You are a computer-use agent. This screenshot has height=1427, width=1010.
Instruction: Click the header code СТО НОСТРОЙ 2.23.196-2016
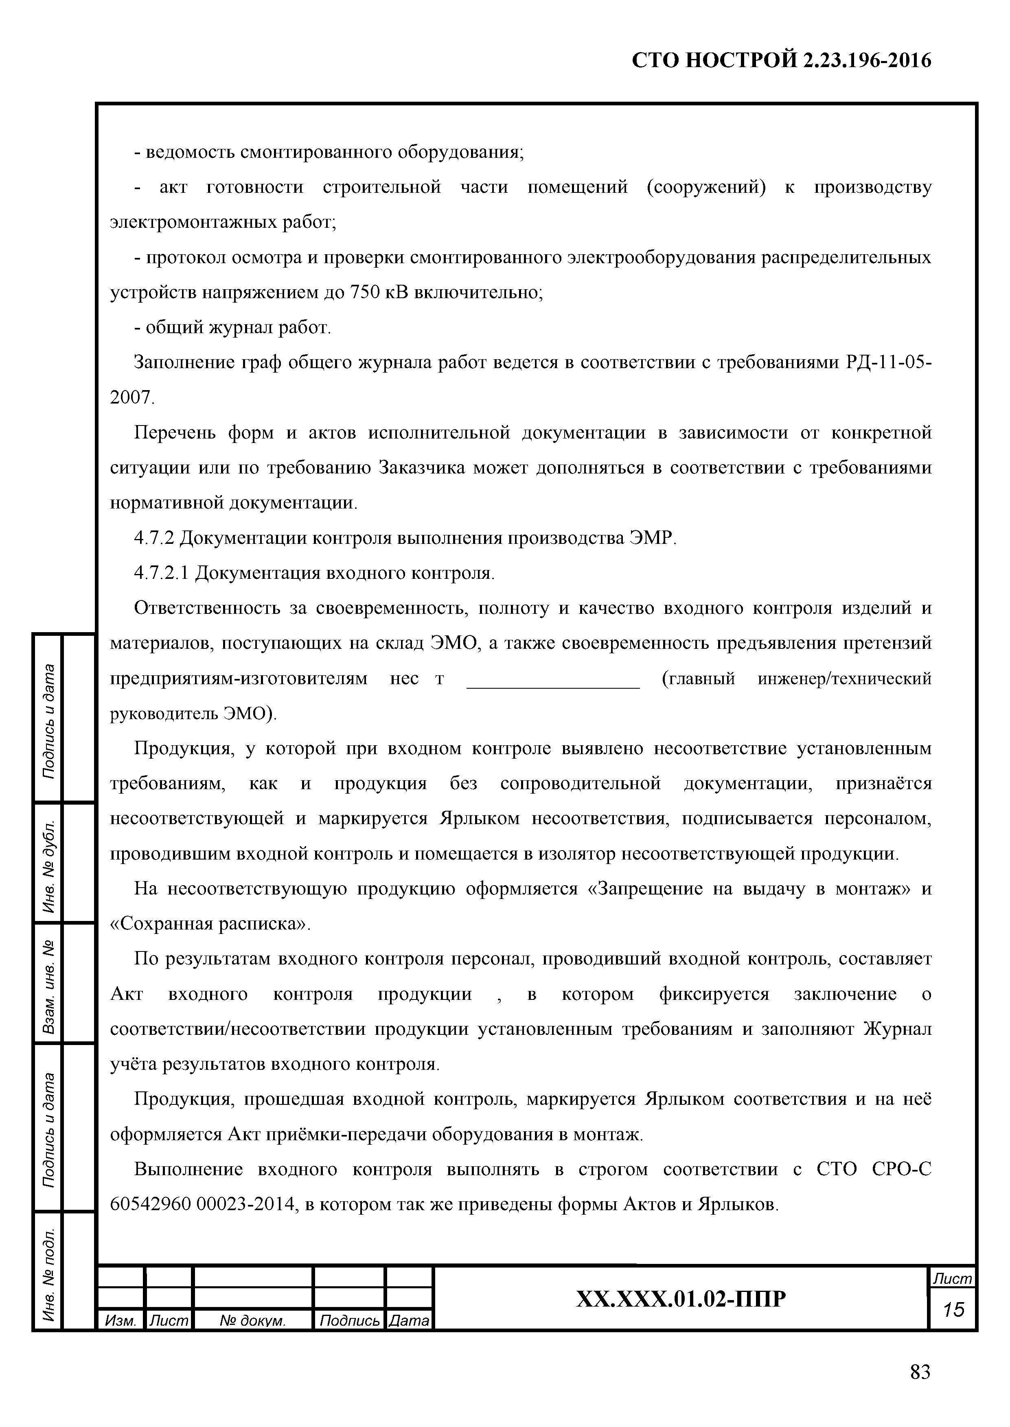click(x=781, y=60)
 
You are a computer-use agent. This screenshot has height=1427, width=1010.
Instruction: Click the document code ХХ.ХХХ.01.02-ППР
click(x=681, y=1298)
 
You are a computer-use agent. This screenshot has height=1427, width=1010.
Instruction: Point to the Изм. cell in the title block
click(x=120, y=1320)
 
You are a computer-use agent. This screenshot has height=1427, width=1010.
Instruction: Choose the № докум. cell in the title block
click(x=252, y=1320)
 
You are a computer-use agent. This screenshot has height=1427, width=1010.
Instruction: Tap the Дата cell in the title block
click(x=409, y=1320)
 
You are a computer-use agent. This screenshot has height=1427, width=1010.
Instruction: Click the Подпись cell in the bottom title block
click(x=349, y=1320)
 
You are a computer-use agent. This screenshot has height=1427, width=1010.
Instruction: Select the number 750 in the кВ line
click(x=361, y=292)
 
